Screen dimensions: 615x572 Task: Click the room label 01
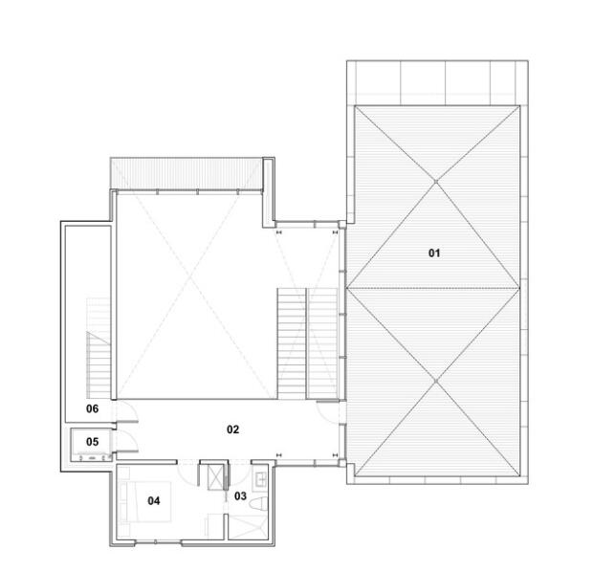point(434,253)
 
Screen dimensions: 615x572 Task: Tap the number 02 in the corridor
point(232,429)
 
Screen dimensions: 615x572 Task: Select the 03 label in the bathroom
point(240,496)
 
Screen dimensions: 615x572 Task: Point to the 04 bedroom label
point(154,500)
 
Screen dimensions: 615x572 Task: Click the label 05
point(92,442)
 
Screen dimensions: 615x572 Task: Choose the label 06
point(92,408)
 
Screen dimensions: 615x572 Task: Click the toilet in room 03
point(259,504)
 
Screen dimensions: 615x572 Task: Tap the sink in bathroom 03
point(260,479)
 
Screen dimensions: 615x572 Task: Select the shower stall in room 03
point(248,527)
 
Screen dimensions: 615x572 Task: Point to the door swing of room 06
point(127,410)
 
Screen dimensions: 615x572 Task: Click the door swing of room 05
point(127,441)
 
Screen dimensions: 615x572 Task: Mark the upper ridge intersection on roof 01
point(436,182)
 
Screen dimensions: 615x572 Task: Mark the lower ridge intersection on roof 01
point(436,381)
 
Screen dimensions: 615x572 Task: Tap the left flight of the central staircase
point(292,343)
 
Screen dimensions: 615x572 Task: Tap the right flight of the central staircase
point(322,343)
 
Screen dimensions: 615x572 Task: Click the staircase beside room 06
point(99,347)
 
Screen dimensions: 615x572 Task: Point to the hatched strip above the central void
point(187,173)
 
